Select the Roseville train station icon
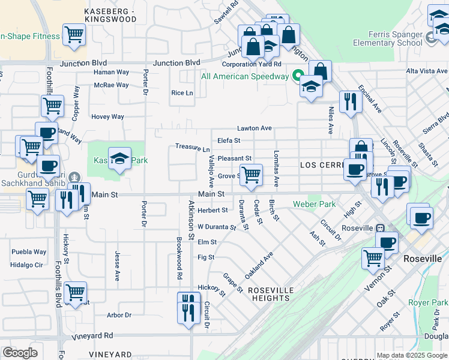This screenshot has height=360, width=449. [379, 228]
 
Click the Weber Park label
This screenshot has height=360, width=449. [314, 204]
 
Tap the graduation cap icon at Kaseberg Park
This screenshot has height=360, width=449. [120, 159]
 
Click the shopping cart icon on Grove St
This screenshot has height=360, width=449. [251, 175]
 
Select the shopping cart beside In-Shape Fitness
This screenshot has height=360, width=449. [74, 35]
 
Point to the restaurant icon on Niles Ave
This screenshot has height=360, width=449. [349, 102]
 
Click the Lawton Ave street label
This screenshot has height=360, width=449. [255, 128]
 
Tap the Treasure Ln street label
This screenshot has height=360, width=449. [192, 147]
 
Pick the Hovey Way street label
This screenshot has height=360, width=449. [108, 117]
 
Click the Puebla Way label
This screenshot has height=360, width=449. [31, 252]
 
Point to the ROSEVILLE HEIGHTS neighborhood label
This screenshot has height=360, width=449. [271, 294]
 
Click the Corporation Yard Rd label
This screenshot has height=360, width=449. [252, 64]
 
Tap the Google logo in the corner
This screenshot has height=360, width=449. [20, 353]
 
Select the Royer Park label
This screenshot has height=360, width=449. [428, 302]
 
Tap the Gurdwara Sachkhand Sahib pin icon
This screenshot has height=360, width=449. [74, 178]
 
